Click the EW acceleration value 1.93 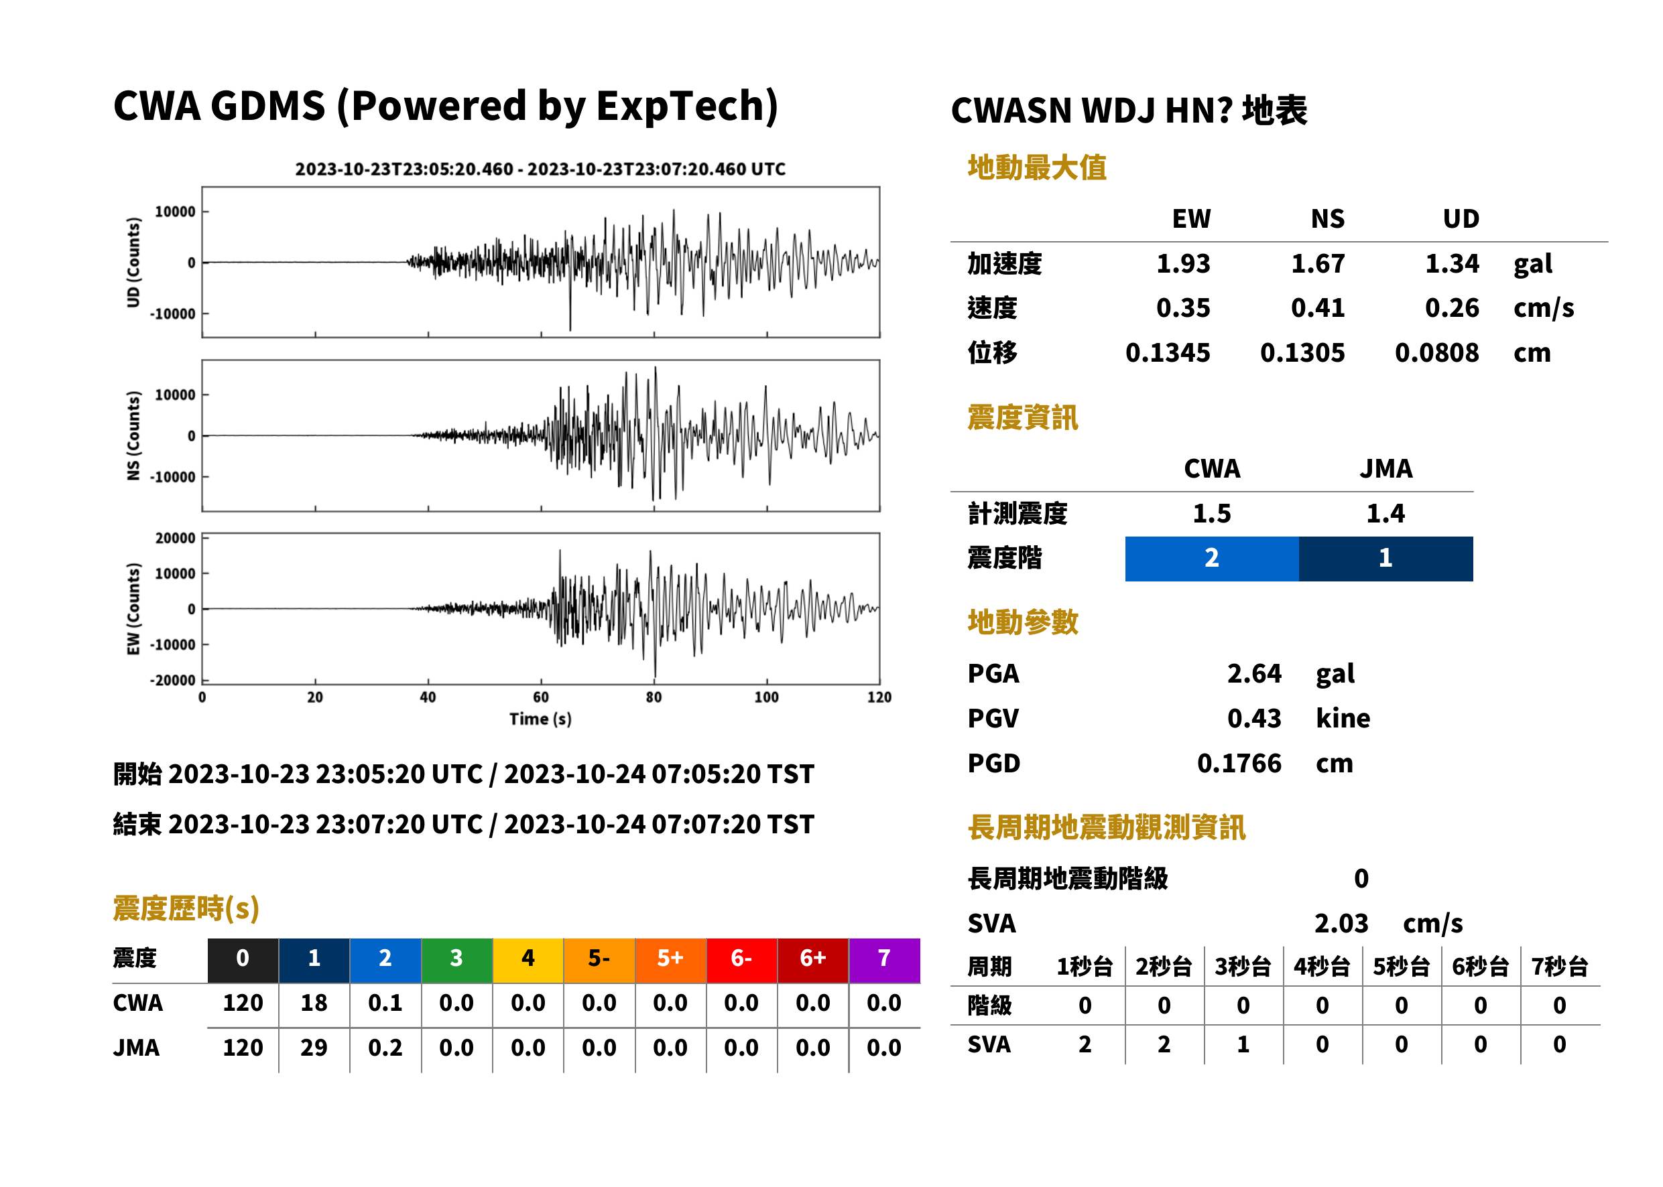tap(1182, 263)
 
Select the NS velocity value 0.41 tap(1317, 307)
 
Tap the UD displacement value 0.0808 tap(1436, 353)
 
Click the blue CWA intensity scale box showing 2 tap(1212, 559)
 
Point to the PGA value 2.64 tap(1253, 673)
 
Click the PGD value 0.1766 tap(1239, 763)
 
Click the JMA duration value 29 tap(314, 1048)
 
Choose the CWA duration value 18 tap(314, 1003)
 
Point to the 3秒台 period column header tap(1243, 967)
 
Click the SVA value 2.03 tap(1341, 924)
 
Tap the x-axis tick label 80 tap(654, 697)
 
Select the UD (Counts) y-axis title tap(133, 263)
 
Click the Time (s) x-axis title tap(540, 719)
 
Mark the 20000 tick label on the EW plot tap(175, 539)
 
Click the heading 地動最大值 tap(1037, 167)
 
